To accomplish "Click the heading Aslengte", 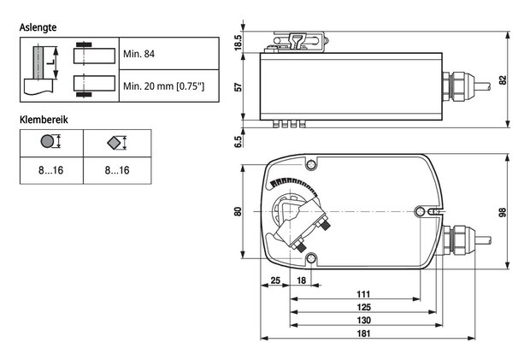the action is [38, 27].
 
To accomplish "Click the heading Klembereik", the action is [44, 120].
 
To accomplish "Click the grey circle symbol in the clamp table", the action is [47, 141].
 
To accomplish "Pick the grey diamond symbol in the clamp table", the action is [114, 143].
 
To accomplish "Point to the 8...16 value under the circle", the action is [50, 170].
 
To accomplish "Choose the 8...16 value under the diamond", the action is [117, 170].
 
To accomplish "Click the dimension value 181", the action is [363, 333].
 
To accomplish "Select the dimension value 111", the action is [363, 294].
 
